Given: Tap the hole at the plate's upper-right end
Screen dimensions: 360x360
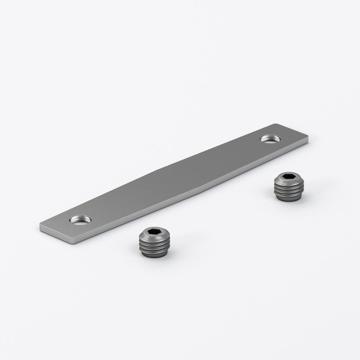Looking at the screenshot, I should pyautogui.click(x=269, y=139).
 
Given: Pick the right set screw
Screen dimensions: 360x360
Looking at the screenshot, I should pyautogui.click(x=286, y=186).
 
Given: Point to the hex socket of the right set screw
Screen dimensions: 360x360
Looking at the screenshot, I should pyautogui.click(x=287, y=178).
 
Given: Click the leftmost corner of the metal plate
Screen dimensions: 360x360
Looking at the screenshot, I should pyautogui.click(x=40, y=226).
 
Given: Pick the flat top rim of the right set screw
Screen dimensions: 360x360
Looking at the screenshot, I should pyautogui.click(x=278, y=178).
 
